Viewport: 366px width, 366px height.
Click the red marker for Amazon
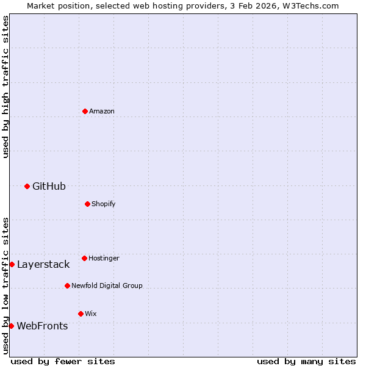[x=85, y=111]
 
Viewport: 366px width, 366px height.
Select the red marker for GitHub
[x=27, y=186]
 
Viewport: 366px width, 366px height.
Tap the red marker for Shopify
[x=87, y=204]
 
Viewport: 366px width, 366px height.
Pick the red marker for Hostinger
[x=84, y=258]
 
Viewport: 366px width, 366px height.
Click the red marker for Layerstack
[x=12, y=264]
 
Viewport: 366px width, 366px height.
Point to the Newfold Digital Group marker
[x=67, y=285]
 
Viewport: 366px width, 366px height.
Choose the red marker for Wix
[x=81, y=314]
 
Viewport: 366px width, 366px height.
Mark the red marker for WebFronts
[x=11, y=326]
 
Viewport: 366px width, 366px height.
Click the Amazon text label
[x=102, y=111]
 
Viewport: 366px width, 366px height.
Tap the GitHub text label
[x=49, y=186]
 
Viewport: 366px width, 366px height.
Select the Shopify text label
[x=104, y=204]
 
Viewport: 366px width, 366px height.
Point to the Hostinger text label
[x=104, y=258]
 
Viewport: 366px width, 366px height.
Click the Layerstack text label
[x=43, y=264]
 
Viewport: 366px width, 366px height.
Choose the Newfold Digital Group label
[x=107, y=285]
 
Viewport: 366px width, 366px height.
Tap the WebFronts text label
[x=42, y=326]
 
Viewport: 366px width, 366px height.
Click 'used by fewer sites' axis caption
[x=63, y=361]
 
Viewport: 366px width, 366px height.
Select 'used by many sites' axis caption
[x=306, y=361]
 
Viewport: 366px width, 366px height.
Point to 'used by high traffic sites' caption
[x=5, y=87]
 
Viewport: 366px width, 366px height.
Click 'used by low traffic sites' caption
[x=5, y=285]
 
